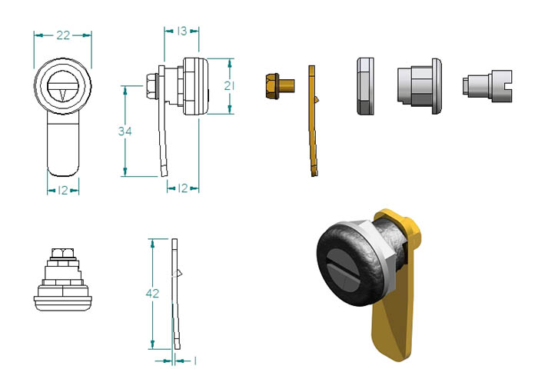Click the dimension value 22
point(63,35)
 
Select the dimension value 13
point(182,32)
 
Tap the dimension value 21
point(229,85)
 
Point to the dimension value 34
point(125,131)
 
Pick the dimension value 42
point(152,294)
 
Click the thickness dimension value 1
point(195,361)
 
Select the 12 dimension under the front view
point(63,190)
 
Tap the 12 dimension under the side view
point(183,188)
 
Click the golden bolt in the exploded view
point(280,86)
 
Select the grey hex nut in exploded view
point(365,86)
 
